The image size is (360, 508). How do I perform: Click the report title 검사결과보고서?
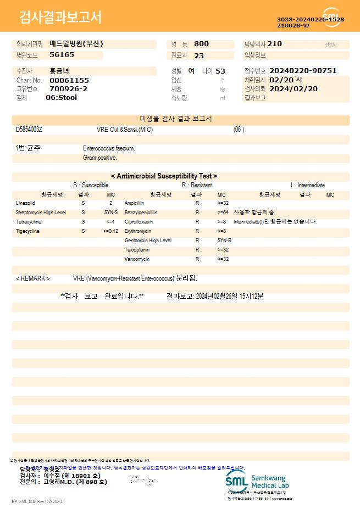[x=60, y=18]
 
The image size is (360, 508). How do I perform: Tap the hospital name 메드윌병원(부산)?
[x=76, y=44]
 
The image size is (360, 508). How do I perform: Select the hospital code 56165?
[x=62, y=55]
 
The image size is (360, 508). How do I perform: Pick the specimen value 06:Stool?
[x=61, y=98]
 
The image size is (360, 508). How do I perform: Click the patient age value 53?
[x=220, y=71]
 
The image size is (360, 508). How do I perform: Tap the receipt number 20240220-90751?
[x=303, y=71]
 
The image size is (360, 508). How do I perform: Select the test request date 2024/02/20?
[x=293, y=88]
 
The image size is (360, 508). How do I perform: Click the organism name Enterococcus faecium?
[x=109, y=148]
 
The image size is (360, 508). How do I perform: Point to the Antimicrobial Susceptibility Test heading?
[x=164, y=176]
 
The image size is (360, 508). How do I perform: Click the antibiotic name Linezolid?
[x=25, y=203]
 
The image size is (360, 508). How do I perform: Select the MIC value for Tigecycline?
[x=110, y=231]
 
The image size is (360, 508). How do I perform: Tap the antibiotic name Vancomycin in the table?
[x=137, y=259]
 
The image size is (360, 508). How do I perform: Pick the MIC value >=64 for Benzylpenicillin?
[x=223, y=213]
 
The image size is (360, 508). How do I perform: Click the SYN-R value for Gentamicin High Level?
[x=224, y=241]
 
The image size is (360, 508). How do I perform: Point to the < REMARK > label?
[x=33, y=278]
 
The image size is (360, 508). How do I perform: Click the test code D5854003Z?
[x=29, y=130]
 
